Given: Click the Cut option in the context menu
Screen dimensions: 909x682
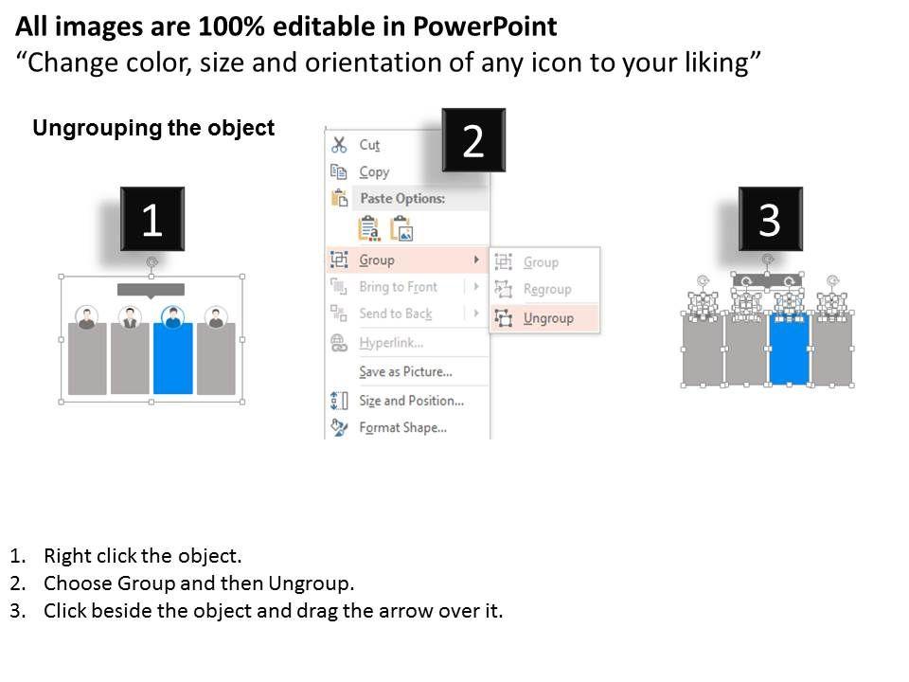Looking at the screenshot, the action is [x=369, y=145].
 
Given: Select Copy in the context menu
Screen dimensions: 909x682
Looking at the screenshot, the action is [x=374, y=172].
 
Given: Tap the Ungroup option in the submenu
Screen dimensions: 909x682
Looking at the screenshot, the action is [x=548, y=318].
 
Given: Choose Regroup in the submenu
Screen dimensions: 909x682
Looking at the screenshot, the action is [x=546, y=289].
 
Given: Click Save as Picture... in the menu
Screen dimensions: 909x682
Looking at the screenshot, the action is [x=405, y=371].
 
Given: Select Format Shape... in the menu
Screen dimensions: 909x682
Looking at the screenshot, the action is [x=403, y=428].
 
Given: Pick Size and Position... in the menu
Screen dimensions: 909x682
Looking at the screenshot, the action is [x=411, y=401].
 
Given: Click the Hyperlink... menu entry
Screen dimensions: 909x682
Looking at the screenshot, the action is [x=391, y=343].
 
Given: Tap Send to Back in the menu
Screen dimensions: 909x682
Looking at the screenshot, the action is [x=396, y=314].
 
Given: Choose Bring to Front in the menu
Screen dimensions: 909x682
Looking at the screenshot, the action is [x=398, y=287].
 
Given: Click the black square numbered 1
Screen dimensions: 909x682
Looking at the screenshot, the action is [x=152, y=219].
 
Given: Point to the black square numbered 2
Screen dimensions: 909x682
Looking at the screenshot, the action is [x=473, y=140].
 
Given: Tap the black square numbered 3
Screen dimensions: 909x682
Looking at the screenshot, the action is [x=771, y=219].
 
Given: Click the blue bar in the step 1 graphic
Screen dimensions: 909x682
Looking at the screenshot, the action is [x=172, y=358].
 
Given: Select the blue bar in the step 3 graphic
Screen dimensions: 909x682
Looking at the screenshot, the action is [x=789, y=350].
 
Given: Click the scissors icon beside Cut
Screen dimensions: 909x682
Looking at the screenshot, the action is [x=339, y=145].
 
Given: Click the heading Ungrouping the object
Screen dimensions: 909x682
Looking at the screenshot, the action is [x=153, y=128].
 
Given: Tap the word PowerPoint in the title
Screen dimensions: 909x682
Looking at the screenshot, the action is [x=485, y=27].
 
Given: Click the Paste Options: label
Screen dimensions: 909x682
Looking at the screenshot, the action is [x=402, y=198].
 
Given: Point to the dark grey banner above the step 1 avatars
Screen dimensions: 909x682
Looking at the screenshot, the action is [x=151, y=290].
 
